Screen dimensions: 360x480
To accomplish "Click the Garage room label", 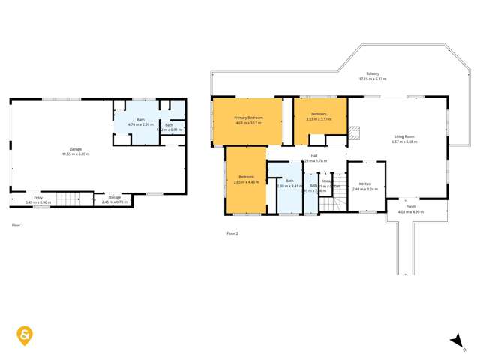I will click(x=75, y=149).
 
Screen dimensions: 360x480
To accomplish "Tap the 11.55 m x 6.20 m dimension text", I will click(x=75, y=154).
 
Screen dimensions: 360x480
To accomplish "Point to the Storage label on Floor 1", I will click(x=114, y=197).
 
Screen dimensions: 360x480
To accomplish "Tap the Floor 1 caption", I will click(x=17, y=225).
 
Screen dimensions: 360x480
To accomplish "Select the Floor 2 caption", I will click(x=232, y=233).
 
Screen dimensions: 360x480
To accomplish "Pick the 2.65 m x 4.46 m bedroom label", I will click(x=246, y=177).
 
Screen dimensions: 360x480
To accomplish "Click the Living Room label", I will click(x=405, y=136).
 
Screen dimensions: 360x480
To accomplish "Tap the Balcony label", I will click(x=372, y=73).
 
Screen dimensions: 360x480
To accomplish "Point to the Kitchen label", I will click(x=364, y=184).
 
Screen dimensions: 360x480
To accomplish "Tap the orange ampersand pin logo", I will click(x=26, y=335).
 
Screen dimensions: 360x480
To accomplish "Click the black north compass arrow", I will click(x=456, y=341).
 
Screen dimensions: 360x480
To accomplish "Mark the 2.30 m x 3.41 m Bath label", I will click(x=289, y=181).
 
